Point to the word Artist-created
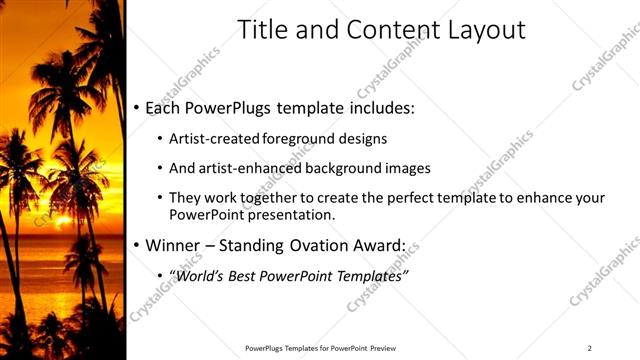pos(214,139)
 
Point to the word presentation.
pos(290,214)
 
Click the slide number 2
pos(590,348)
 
